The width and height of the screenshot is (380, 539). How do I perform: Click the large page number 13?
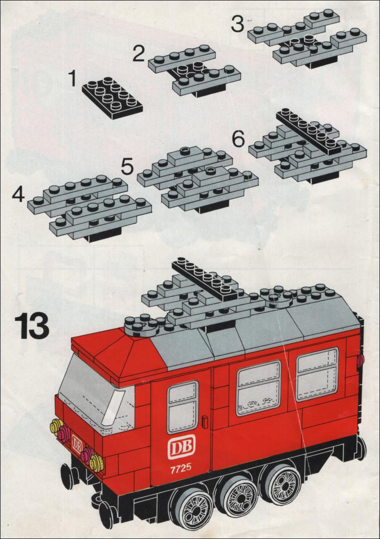32,326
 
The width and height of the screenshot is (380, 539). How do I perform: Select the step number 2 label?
139,54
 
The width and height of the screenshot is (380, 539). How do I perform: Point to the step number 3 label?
237,24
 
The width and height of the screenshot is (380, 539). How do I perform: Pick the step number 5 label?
127,167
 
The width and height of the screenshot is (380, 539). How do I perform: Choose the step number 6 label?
238,139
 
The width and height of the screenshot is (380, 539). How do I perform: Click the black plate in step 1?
112,98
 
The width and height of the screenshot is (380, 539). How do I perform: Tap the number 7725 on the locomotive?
180,469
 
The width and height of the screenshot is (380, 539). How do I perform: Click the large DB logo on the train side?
181,446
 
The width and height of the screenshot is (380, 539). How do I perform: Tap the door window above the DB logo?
183,407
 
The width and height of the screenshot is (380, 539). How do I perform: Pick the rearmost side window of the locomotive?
317,374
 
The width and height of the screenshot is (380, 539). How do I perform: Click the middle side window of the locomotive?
259,388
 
